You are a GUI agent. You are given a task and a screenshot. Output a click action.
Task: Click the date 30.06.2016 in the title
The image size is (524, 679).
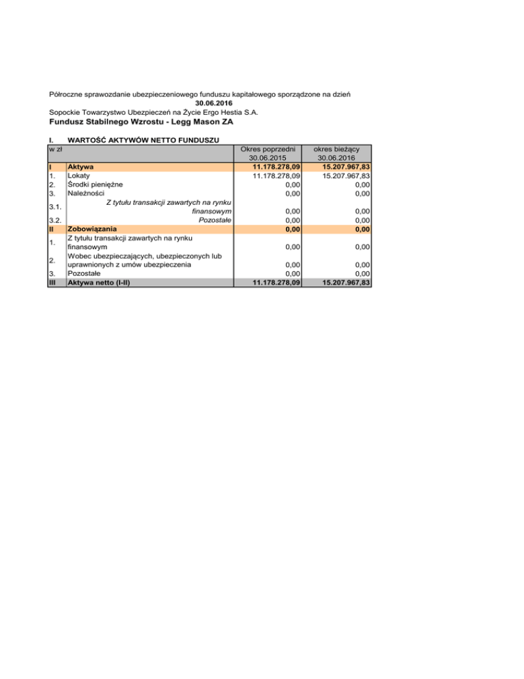tap(205, 103)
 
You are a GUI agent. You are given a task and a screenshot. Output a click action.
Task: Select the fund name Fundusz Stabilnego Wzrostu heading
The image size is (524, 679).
tap(142, 122)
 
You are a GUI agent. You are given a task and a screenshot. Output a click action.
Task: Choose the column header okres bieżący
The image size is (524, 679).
tap(336, 149)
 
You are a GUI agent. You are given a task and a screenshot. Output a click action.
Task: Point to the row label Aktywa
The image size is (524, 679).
tap(81, 167)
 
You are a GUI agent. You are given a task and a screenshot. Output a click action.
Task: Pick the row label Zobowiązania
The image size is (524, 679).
tap(92, 228)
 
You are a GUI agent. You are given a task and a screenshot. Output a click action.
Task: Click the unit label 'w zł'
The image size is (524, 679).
tap(56, 148)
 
